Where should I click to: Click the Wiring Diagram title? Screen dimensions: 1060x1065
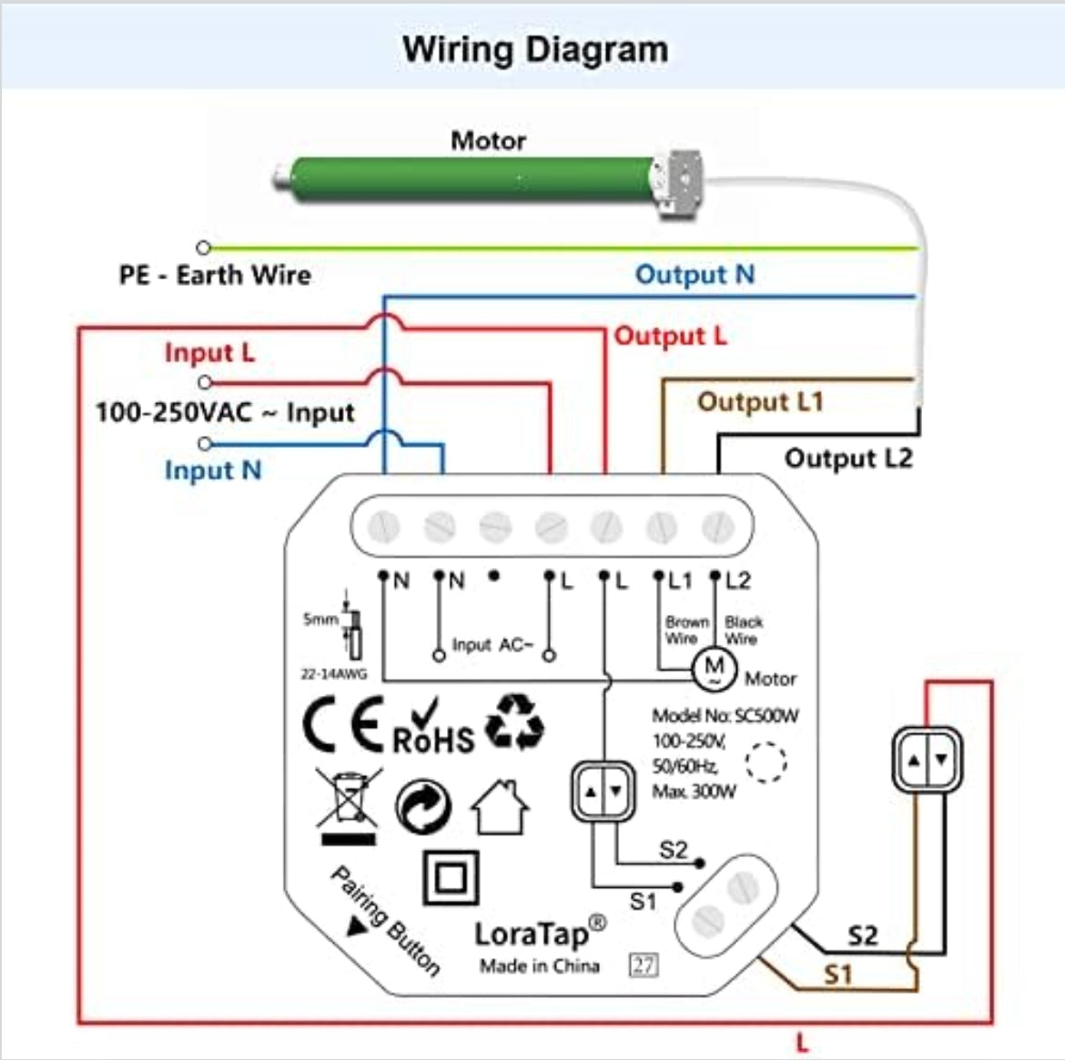coord(535,49)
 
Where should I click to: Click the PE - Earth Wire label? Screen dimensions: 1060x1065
coord(215,275)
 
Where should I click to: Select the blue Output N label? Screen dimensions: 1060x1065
coord(695,274)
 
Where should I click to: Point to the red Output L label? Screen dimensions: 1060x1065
coord(671,336)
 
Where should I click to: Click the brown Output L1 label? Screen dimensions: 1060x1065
coord(760,401)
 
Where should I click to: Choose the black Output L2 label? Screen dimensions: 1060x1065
coord(847,458)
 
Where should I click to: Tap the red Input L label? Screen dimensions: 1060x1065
coord(209,352)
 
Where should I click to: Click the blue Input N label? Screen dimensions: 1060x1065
coord(213,470)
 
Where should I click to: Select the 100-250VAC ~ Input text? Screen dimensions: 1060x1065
coord(225,412)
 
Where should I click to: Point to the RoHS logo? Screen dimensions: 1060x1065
coord(433,730)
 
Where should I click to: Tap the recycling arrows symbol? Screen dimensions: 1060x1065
coord(514,722)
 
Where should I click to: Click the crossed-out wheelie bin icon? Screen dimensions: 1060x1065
coord(348,804)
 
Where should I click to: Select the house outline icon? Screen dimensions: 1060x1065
coord(500,806)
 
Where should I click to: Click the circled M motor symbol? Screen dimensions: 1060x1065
coord(715,670)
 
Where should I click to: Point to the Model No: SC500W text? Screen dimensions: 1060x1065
coord(725,716)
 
